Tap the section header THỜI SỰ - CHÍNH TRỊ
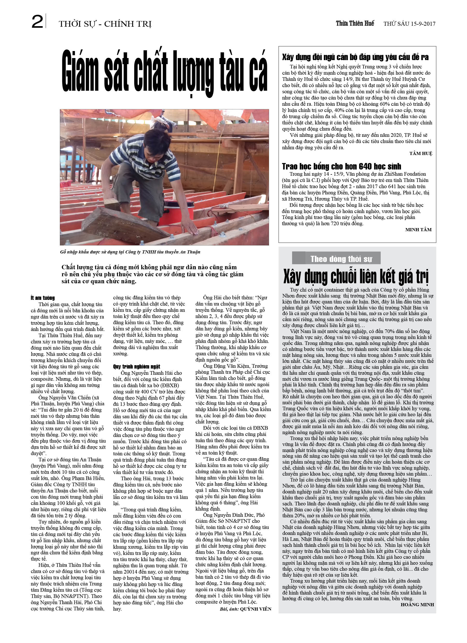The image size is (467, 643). (105, 24)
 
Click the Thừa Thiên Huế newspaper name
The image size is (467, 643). (355, 24)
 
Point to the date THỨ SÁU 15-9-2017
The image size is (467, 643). (409, 24)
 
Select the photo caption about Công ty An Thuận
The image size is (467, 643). (130, 252)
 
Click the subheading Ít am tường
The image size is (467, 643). (43, 298)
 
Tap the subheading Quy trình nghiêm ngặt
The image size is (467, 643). (136, 366)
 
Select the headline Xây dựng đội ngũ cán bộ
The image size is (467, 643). (355, 57)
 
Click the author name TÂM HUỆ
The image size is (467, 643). (421, 153)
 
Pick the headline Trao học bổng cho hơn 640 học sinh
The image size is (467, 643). (341, 166)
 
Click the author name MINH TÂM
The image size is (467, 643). (418, 230)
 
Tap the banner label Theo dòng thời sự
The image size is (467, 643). (341, 259)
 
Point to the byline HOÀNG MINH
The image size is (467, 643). (417, 604)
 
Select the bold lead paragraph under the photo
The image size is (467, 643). (152, 274)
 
